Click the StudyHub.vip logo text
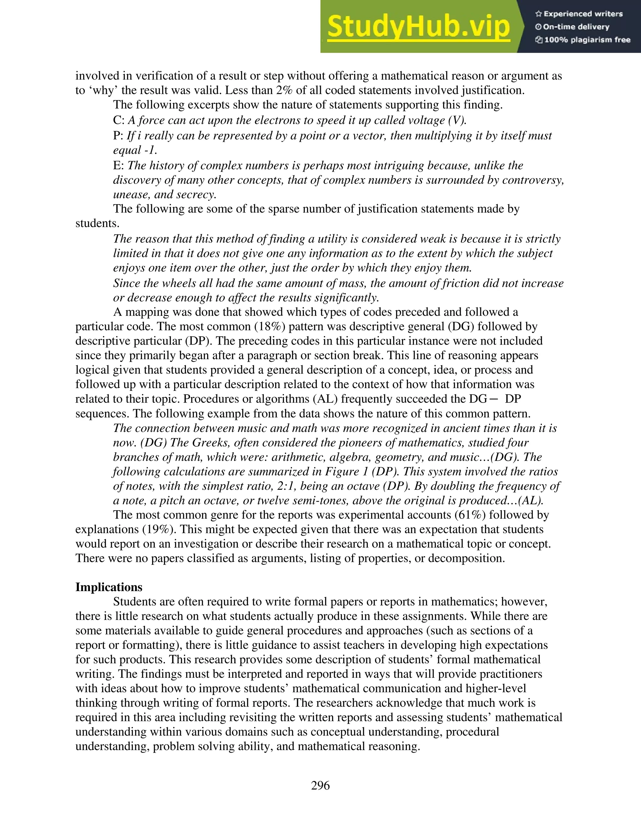418,27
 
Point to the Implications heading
109,587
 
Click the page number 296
320,785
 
